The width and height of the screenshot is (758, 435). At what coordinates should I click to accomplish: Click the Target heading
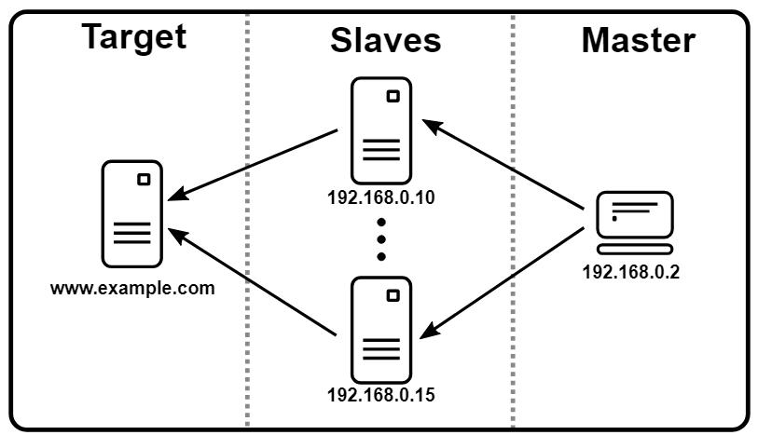tap(133, 37)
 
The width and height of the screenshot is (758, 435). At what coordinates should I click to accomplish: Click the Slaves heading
tap(384, 41)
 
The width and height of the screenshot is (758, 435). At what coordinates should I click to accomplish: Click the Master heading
tap(638, 41)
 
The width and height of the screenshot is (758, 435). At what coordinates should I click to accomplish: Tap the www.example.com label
tap(132, 287)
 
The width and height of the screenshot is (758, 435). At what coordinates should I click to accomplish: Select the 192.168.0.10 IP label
tap(381, 197)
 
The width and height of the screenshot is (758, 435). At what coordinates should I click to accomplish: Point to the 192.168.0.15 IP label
tap(381, 394)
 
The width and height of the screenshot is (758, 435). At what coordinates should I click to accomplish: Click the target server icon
tap(131, 213)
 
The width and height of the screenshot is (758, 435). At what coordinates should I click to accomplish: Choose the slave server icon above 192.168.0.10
tap(380, 130)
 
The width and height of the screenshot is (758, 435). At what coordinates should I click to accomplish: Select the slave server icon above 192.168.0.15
tap(380, 327)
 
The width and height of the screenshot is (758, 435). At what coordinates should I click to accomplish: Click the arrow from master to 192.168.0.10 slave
tap(507, 162)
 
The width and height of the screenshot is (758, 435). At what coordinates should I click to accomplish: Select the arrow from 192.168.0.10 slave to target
tap(253, 165)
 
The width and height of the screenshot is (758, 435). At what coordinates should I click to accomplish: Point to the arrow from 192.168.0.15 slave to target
tap(253, 281)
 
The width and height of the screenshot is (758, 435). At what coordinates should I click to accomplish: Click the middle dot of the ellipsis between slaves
tap(381, 238)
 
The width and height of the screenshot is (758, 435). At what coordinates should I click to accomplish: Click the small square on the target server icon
tap(144, 180)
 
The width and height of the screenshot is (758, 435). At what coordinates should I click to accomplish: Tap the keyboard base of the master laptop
tap(634, 249)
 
